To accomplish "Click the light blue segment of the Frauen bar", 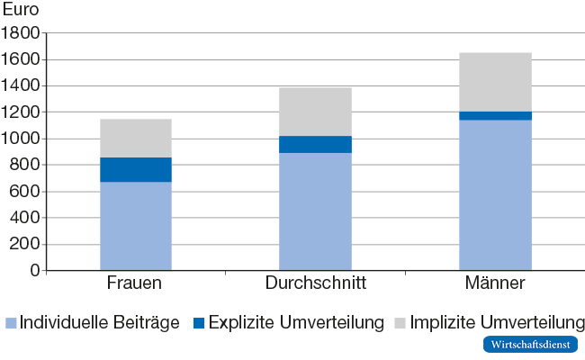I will (135, 225).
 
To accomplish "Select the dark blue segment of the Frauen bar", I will (135, 169).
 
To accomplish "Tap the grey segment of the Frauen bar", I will (135, 138).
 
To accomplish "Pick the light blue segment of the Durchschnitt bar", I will (315, 211).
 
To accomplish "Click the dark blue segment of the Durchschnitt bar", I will (315, 144).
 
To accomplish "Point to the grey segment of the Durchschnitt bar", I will (315, 112).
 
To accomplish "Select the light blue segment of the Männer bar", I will (495, 194).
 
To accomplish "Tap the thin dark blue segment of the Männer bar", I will (495, 115).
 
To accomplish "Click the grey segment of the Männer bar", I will (495, 82).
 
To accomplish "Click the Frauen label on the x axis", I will (134, 284).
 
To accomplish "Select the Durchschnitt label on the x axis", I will (315, 284).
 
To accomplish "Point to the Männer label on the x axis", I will (495, 284).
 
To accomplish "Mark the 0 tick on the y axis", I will (35, 270).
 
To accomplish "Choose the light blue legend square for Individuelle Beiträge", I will (11, 322).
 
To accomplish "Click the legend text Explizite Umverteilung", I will (296, 322).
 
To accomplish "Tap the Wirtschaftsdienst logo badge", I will (530, 345).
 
